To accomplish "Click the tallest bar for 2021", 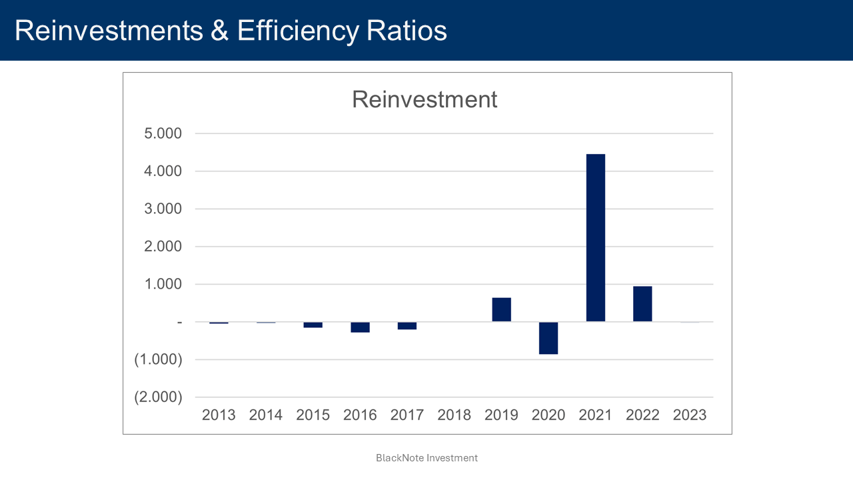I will point(595,238).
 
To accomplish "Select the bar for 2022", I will point(642,304).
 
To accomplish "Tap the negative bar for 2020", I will point(548,338).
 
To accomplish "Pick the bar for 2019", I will point(501,309).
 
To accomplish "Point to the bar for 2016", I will point(360,327).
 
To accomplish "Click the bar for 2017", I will point(407,325).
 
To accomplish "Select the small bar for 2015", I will point(313,325).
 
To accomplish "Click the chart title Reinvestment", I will point(425,99).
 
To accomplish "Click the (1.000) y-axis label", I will point(158,359).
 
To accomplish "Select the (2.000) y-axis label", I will point(158,397).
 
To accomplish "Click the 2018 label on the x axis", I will point(454,415).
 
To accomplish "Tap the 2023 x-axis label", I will point(690,415).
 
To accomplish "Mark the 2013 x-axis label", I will point(219,415).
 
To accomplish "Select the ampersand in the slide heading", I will point(219,31).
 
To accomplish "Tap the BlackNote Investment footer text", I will point(426,458).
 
